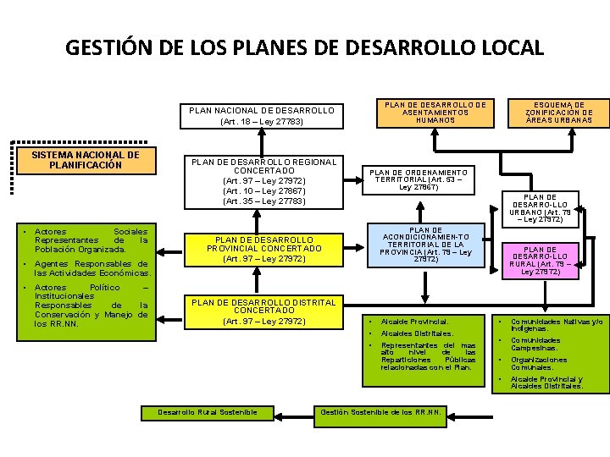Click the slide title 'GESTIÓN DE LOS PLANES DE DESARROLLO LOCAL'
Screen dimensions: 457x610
(304, 47)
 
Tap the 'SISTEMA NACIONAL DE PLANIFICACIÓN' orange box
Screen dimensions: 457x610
(85, 160)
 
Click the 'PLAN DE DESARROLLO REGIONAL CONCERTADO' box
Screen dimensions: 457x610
(263, 181)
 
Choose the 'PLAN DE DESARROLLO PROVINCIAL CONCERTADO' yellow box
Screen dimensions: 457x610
(263, 249)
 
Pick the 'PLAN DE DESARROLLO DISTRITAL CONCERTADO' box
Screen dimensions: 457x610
(263, 311)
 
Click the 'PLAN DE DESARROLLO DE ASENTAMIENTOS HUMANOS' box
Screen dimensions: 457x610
(435, 112)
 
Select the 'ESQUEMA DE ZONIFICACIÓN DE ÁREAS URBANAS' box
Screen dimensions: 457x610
(558, 112)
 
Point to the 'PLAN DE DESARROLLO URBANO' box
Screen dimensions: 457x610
(552, 208)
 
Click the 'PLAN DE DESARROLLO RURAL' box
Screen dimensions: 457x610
(552, 261)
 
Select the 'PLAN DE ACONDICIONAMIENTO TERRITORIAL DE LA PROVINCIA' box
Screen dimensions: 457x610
(425, 245)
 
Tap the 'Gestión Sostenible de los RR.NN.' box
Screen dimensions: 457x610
(380, 412)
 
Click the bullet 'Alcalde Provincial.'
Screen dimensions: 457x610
(414, 322)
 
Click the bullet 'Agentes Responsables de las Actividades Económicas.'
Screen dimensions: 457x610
(91, 268)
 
